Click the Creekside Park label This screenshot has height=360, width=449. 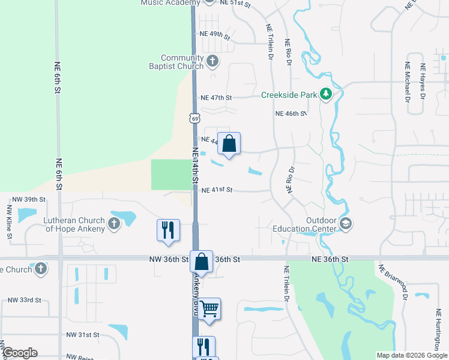288,95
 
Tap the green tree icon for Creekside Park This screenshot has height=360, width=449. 325,94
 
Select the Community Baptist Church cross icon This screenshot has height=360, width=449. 212,61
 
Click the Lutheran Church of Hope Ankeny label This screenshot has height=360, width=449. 74,224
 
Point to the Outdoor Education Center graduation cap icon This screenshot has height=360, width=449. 345,224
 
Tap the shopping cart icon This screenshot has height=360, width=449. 209,309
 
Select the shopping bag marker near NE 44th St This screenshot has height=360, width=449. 229,145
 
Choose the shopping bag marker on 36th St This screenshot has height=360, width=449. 202,262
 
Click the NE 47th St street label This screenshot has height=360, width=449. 216,97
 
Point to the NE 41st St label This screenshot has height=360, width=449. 217,190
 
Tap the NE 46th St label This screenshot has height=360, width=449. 291,113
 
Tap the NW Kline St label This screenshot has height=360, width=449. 9,222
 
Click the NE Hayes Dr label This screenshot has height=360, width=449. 423,81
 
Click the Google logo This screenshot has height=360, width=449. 20,353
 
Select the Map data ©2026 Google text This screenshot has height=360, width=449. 411,355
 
